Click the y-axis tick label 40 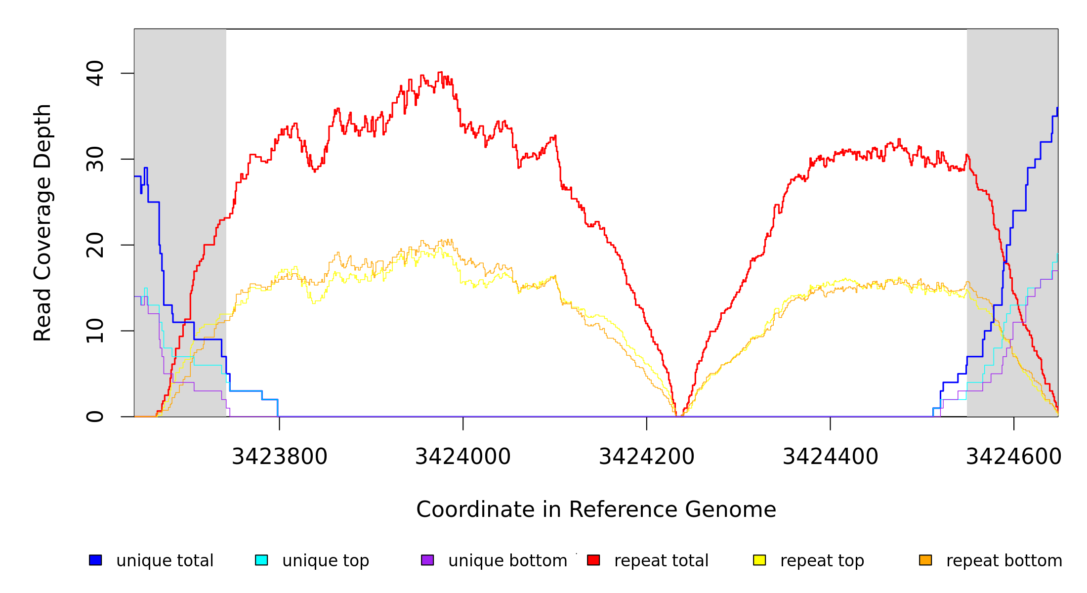point(95,73)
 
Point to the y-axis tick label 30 point(95,159)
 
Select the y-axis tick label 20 point(95,245)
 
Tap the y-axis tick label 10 point(95,331)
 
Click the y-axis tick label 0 point(95,417)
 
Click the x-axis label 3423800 point(279,457)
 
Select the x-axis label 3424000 point(463,457)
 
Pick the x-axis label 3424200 point(647,457)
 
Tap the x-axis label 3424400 point(831,457)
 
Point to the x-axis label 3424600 point(1014,457)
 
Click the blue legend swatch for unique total point(95,560)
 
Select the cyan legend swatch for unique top point(261,560)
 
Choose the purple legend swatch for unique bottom point(427,560)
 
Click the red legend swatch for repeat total point(593,560)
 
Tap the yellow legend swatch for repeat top point(759,560)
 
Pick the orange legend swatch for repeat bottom point(925,560)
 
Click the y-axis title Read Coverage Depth point(42,222)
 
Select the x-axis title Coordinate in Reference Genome point(596,509)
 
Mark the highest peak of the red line point(440,72)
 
